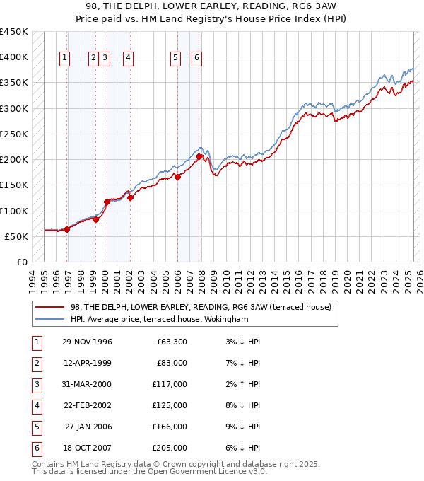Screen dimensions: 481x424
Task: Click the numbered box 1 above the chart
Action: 64,59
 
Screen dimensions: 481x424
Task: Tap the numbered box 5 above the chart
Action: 175,59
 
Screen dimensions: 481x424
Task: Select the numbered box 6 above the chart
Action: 196,59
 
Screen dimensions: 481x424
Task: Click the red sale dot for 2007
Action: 199,156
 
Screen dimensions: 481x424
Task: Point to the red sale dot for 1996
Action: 67,229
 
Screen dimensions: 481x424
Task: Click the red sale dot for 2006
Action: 178,177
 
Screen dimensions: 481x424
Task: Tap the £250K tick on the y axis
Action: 14,134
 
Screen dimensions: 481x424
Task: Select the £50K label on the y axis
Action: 17,236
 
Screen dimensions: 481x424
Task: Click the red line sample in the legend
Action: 50,307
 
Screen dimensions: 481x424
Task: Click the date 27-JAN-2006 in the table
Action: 88,427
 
